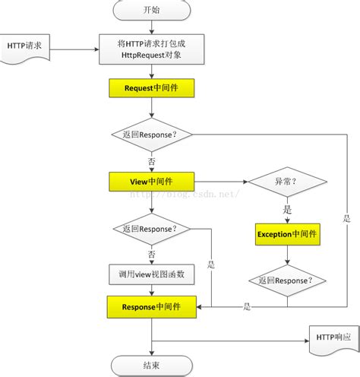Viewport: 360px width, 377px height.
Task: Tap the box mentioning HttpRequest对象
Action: (x=152, y=50)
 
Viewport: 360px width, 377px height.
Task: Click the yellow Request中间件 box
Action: (x=152, y=89)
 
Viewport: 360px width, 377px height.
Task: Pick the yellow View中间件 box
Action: (x=152, y=182)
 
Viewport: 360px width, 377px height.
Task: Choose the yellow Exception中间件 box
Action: (x=287, y=234)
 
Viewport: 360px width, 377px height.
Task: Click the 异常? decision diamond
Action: (x=287, y=182)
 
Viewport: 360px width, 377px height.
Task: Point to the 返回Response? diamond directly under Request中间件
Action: (x=152, y=135)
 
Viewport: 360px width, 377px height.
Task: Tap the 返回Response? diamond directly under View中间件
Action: (x=152, y=228)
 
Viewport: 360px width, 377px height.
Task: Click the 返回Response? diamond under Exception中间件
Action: (x=287, y=280)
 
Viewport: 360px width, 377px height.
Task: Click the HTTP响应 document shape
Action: (x=332, y=337)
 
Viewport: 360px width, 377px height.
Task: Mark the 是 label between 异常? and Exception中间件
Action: (x=287, y=209)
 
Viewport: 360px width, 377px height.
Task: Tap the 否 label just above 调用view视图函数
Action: (x=152, y=252)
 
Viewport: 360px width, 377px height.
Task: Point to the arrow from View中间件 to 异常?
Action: (x=220, y=182)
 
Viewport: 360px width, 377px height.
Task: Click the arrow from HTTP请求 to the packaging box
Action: (x=76, y=50)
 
